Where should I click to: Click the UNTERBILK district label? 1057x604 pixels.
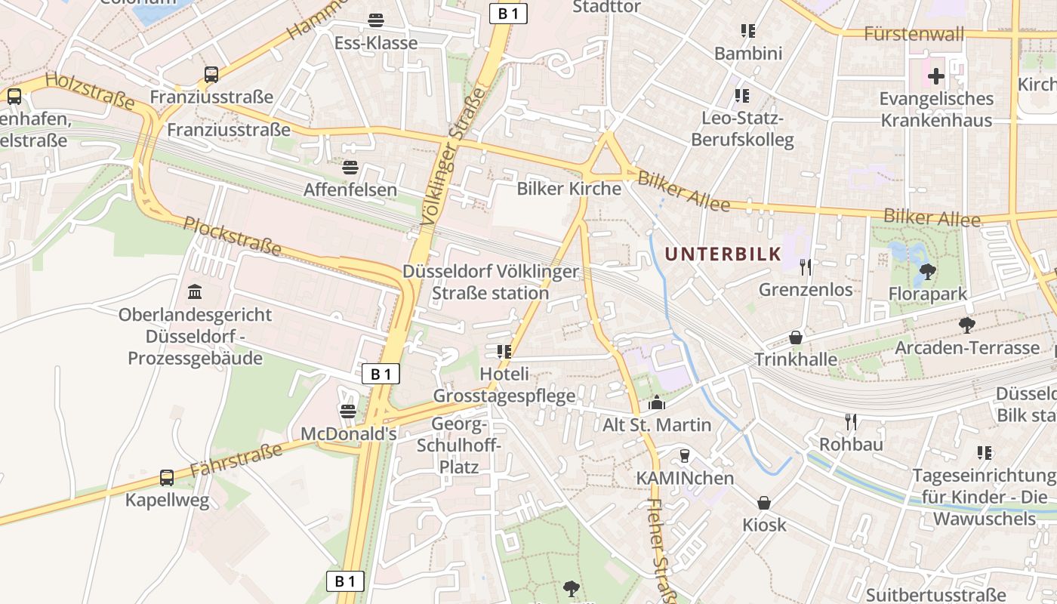pos(723,254)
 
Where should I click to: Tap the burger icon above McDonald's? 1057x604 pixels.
pos(348,411)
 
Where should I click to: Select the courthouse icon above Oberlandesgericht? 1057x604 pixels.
pos(195,291)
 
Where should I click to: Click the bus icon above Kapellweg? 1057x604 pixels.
pos(167,478)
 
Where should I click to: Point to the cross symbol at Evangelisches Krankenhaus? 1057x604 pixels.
pos(936,76)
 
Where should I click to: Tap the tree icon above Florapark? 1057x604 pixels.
pos(928,271)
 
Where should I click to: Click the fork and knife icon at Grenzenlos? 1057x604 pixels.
pos(806,267)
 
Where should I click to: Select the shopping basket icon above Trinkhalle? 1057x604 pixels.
pos(795,337)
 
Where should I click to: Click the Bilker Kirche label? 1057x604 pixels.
pos(569,189)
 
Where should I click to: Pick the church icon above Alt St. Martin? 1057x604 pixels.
pos(656,402)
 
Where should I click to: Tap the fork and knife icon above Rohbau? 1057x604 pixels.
pos(851,421)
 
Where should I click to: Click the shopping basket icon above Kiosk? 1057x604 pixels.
pos(764,502)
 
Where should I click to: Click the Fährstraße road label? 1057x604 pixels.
pos(236,460)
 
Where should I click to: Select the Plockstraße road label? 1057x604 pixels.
pos(233,236)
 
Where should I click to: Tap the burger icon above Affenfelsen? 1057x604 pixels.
pos(350,167)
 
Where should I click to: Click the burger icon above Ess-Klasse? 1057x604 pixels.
pos(375,20)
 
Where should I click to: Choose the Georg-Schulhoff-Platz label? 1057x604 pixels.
pos(459,445)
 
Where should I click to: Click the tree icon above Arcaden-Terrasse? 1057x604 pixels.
pos(966,325)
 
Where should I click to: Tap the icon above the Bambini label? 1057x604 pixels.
pos(747,31)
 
